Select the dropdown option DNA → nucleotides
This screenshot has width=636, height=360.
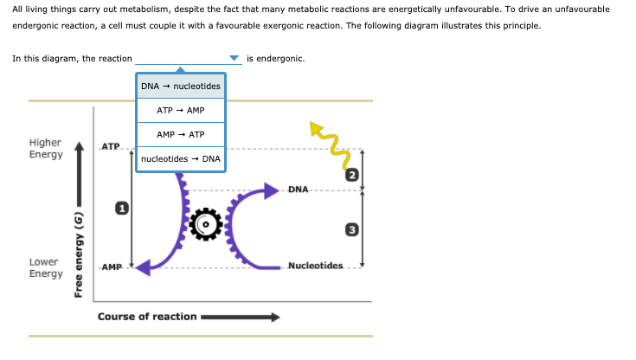pyautogui.click(x=180, y=87)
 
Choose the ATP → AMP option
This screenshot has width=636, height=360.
pyautogui.click(x=180, y=111)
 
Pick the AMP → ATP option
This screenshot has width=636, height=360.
pyautogui.click(x=180, y=135)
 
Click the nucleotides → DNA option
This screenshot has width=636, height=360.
pyautogui.click(x=180, y=159)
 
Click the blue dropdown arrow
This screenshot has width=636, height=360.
pyautogui.click(x=234, y=59)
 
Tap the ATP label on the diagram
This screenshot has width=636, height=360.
pyautogui.click(x=111, y=145)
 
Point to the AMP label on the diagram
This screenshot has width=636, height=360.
pyautogui.click(x=111, y=267)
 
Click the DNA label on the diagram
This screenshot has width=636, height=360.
pyautogui.click(x=298, y=189)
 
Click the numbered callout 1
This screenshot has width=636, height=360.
pyautogui.click(x=122, y=208)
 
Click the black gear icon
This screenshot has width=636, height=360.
pyautogui.click(x=206, y=225)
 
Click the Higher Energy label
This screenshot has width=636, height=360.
pyautogui.click(x=45, y=148)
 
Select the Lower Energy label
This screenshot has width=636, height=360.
pyautogui.click(x=45, y=267)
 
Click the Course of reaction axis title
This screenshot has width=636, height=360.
pyautogui.click(x=147, y=317)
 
